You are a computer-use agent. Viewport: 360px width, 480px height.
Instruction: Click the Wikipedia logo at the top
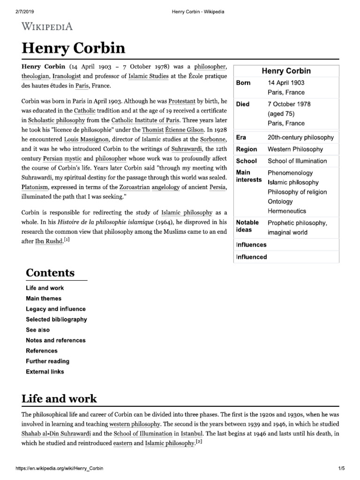(x=47, y=26)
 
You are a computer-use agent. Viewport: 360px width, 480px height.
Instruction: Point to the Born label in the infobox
(x=243, y=82)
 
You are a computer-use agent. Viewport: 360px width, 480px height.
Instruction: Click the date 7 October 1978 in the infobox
(x=289, y=104)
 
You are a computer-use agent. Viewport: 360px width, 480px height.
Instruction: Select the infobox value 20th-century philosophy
(x=300, y=137)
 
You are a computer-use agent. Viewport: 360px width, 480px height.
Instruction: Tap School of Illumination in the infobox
(x=297, y=161)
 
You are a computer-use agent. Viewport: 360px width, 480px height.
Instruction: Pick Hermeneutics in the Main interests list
(x=286, y=211)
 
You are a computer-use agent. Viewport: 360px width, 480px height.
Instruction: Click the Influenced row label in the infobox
(x=251, y=257)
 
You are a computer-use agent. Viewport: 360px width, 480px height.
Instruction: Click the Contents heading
(x=50, y=273)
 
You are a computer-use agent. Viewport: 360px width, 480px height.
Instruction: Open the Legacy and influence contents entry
(x=56, y=309)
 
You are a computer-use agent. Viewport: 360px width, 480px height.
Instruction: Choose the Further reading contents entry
(x=47, y=361)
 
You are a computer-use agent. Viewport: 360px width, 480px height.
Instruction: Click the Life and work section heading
(x=59, y=398)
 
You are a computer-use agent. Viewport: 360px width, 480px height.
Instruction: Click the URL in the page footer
(x=60, y=469)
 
